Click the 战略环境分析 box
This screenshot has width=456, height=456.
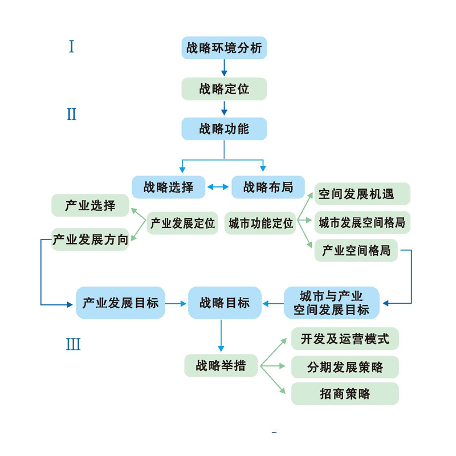click(x=224, y=48)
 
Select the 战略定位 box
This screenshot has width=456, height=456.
click(x=224, y=89)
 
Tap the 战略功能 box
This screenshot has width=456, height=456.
click(x=224, y=129)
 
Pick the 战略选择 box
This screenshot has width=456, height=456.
click(x=168, y=187)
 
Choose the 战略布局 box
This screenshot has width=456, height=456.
click(x=268, y=187)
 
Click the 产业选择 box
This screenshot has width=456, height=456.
click(x=90, y=205)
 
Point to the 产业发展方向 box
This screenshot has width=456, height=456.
click(x=90, y=239)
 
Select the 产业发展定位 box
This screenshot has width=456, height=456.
click(x=182, y=223)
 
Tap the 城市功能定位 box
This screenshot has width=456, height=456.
click(x=260, y=223)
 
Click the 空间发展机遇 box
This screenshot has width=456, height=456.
click(x=362, y=194)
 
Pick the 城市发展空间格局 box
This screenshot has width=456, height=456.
click(x=362, y=222)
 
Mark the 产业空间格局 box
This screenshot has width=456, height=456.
click(x=356, y=250)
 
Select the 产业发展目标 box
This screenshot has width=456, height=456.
click(x=120, y=303)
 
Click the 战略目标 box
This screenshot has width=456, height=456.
click(x=225, y=303)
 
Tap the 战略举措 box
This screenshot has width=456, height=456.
click(x=221, y=365)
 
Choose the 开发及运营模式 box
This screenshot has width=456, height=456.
click(x=345, y=339)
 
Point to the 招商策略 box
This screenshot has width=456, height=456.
click(x=345, y=394)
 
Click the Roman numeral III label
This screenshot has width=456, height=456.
click(x=73, y=344)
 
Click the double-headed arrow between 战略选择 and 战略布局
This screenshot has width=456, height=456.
click(x=218, y=186)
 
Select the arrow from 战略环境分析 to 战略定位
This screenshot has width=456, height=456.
click(x=224, y=68)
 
